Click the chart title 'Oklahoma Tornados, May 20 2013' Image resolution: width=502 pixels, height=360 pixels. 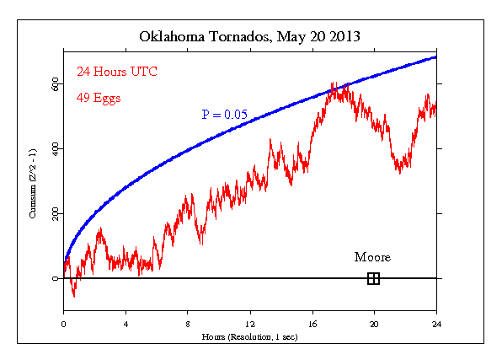(250, 37)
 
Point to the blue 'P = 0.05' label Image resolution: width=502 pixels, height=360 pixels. (224, 114)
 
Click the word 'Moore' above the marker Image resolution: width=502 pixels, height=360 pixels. (372, 257)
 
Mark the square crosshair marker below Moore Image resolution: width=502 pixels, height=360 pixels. (373, 278)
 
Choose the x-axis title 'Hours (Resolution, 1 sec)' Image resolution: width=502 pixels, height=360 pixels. (249, 336)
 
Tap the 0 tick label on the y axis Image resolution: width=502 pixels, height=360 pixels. (56, 279)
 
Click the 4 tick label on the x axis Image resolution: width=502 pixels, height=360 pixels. (125, 324)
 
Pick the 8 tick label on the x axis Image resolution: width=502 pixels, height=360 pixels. (188, 324)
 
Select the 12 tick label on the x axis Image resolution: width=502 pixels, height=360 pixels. (250, 324)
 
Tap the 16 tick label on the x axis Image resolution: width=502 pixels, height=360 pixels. (312, 324)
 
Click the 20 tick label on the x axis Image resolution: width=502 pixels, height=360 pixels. (374, 324)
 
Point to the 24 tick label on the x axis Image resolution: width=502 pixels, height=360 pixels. (436, 324)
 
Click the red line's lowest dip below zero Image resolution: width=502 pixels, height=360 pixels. (74, 296)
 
